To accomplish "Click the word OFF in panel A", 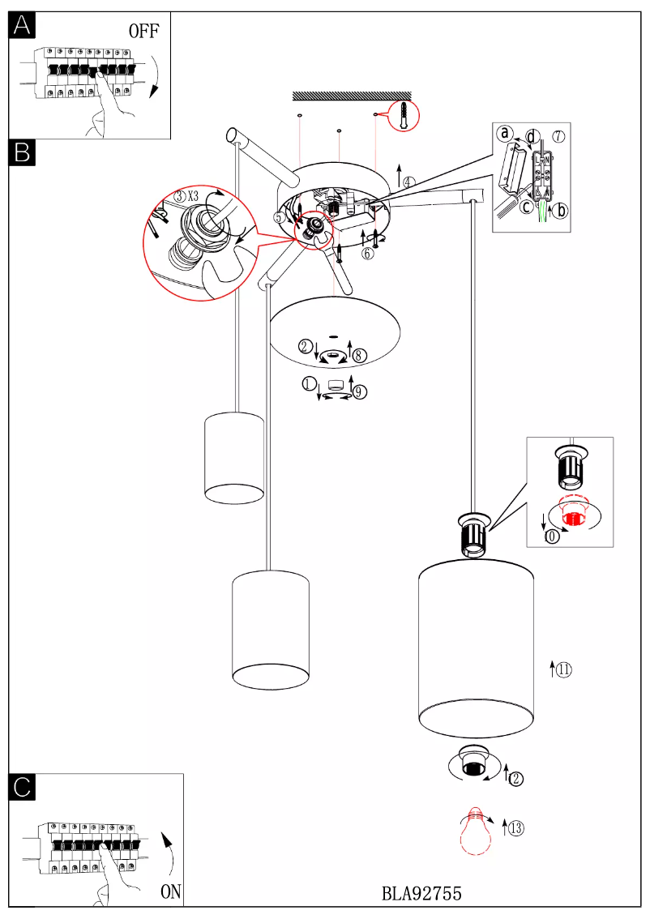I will [x=144, y=32].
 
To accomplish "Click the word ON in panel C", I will [x=170, y=891].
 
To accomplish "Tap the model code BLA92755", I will [x=421, y=893].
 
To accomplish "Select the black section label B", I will [x=22, y=152].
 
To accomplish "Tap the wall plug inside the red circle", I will [x=403, y=118].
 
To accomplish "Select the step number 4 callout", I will [x=408, y=182].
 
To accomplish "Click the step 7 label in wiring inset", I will [x=558, y=136].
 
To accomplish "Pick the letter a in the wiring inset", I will [x=505, y=133].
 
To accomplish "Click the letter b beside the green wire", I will [x=562, y=209].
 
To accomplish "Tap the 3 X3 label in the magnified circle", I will [x=187, y=195].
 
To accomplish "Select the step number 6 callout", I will [x=368, y=253].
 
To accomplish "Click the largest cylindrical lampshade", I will [x=477, y=648].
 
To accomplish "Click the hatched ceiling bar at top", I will [x=349, y=96].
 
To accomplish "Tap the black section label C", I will [x=22, y=786].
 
